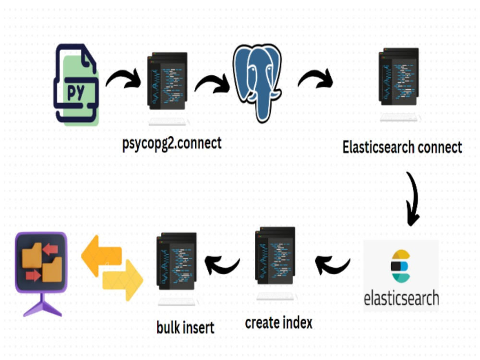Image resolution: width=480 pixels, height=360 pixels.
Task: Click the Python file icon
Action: coord(76,84)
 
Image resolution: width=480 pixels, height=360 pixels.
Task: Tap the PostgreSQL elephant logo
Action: coord(257,83)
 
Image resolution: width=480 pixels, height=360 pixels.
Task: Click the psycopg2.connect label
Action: coord(172,143)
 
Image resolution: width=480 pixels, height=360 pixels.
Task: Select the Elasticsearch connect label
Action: coord(402,147)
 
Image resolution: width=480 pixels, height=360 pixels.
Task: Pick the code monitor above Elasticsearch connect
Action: coord(399,84)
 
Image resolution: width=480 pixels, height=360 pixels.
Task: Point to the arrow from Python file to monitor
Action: coord(123,79)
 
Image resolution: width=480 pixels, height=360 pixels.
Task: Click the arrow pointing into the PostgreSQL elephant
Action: coord(212,83)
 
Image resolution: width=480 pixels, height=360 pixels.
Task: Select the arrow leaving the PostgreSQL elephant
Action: coord(315,78)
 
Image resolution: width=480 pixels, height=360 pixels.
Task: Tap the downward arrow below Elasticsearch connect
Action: coord(414,199)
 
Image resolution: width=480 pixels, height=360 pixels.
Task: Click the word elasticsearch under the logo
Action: coord(401,298)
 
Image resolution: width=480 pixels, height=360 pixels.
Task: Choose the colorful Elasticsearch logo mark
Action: coord(400,266)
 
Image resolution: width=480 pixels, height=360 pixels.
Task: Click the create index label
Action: coord(278,323)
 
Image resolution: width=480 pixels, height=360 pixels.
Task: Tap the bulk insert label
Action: coord(185,327)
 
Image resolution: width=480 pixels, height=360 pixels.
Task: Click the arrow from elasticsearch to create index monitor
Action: coord(333,265)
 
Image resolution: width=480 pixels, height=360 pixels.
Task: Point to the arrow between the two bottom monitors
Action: coord(222,265)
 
